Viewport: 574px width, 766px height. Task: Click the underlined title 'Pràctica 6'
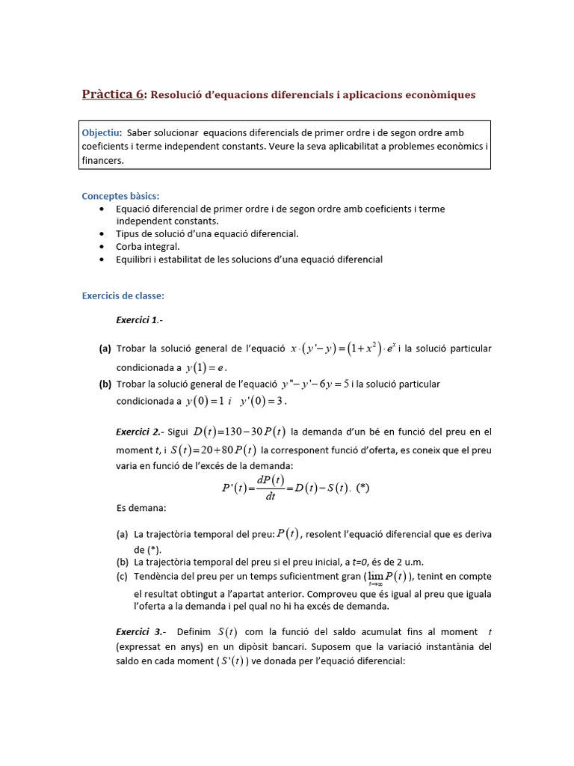113,94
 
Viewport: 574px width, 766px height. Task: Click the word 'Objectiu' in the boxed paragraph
102,132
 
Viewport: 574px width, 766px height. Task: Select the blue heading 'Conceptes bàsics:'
120,196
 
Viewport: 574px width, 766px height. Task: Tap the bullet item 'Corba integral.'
148,246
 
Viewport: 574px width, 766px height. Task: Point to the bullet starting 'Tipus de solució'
207,233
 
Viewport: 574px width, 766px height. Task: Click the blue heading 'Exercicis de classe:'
123,295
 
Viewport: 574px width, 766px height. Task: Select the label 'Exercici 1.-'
139,320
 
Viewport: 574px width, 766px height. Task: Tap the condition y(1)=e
206,367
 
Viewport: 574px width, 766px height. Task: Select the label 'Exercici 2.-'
139,432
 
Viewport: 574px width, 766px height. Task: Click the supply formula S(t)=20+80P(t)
213,450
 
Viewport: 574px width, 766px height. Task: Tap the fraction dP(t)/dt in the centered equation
270,488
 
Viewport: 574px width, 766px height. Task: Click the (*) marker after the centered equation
363,488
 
